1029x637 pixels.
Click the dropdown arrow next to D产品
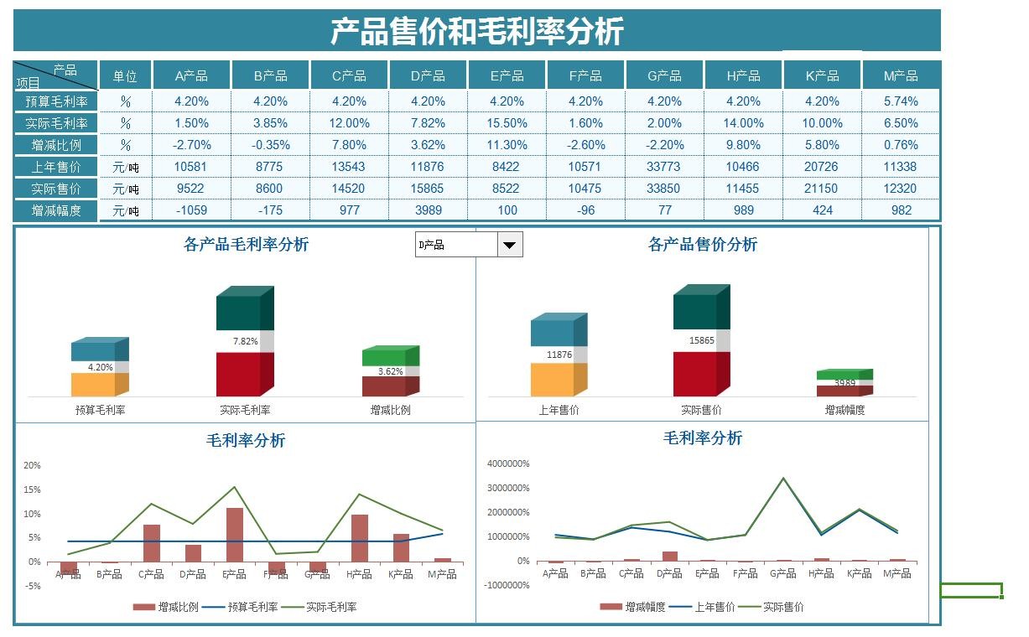pos(510,245)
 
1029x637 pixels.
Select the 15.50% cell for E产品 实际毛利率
pos(507,123)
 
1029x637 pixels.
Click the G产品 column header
pos(664,76)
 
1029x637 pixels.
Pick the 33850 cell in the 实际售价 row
pos(664,189)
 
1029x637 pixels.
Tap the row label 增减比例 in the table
pos(56,145)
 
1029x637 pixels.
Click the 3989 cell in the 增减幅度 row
pos(428,210)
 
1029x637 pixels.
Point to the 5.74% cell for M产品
pos(901,101)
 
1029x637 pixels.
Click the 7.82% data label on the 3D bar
pos(245,342)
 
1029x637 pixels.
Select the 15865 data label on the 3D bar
pos(701,341)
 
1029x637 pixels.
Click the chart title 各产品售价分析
pos(702,245)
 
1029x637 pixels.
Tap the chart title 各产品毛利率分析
pos(246,245)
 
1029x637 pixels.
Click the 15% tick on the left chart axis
pos(32,489)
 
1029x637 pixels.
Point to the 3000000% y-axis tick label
pos(507,488)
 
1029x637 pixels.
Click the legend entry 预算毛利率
pos(252,607)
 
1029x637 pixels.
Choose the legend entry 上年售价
pos(715,607)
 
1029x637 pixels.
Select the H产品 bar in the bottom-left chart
pos(360,538)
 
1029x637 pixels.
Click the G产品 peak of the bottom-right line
pos(783,479)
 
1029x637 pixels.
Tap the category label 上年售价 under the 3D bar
pos(559,411)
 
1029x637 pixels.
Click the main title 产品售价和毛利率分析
pos(476,32)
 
